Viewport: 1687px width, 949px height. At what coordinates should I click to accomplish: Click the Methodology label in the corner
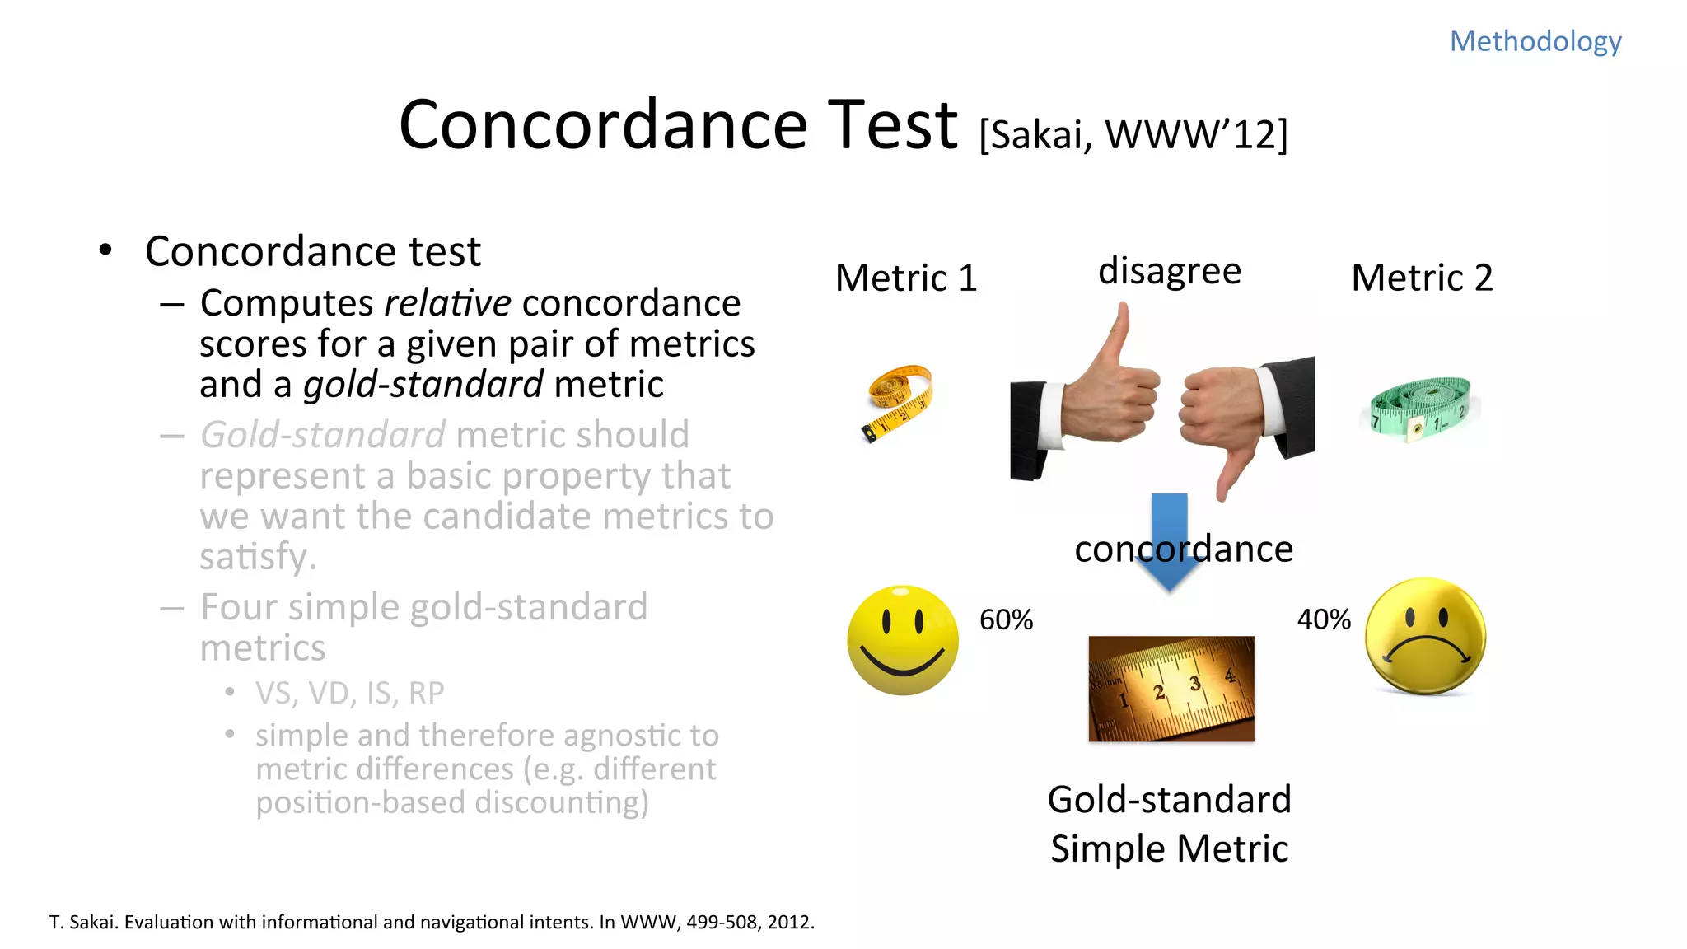[x=1535, y=41]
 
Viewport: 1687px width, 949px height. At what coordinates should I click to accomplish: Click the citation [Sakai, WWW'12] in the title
[x=1133, y=134]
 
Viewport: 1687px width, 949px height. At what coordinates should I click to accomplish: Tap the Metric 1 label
[x=905, y=278]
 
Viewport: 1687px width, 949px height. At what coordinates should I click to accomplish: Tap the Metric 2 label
[x=1422, y=278]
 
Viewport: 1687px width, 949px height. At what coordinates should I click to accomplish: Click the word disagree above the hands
[x=1169, y=271]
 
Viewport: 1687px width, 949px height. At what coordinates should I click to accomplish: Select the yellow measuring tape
[x=900, y=401]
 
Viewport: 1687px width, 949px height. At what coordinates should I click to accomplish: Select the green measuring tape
[x=1419, y=407]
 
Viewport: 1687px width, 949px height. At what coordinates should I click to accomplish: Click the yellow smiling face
[x=903, y=640]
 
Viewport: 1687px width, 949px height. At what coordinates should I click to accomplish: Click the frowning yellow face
[x=1425, y=636]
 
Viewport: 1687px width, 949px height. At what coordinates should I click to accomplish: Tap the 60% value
[x=1006, y=619]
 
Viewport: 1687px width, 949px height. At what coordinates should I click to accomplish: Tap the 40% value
[x=1324, y=619]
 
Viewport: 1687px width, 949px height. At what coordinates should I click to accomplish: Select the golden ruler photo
[x=1171, y=689]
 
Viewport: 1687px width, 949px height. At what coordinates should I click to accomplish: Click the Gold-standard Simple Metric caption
[x=1169, y=824]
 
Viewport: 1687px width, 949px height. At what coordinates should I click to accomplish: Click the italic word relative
[x=447, y=303]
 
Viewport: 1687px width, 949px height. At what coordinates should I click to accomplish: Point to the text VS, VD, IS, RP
[x=349, y=694]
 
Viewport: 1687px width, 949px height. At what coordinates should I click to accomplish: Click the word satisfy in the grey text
[x=257, y=557]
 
